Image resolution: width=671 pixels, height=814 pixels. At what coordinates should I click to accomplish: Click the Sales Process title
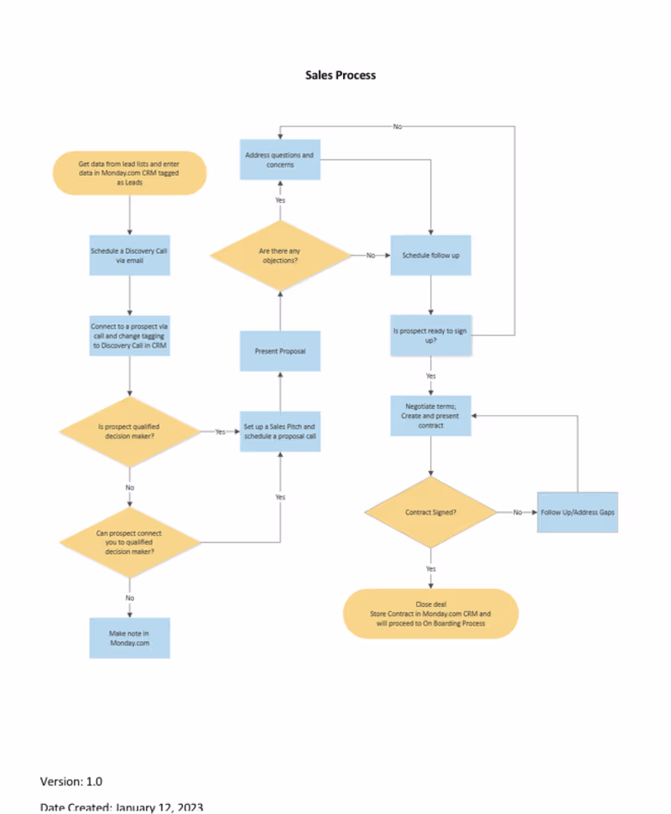click(x=341, y=75)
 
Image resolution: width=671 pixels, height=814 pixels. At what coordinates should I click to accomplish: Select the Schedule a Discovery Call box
click(x=130, y=255)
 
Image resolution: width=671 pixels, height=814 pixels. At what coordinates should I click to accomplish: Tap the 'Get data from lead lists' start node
click(x=129, y=173)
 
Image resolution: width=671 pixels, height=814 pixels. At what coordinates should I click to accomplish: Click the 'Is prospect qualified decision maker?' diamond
click(x=129, y=431)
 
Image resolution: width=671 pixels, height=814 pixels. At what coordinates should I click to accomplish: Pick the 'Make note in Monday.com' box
click(x=129, y=638)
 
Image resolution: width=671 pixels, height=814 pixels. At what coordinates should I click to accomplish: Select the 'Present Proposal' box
click(x=280, y=351)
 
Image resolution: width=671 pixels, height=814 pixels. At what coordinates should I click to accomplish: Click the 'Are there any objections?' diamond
click(x=280, y=256)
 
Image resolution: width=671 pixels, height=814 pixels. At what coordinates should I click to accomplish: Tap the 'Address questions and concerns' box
click(x=280, y=159)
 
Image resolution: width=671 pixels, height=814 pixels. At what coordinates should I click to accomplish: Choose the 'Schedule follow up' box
click(x=430, y=255)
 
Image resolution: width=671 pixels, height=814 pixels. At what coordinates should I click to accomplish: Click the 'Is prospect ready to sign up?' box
click(x=430, y=335)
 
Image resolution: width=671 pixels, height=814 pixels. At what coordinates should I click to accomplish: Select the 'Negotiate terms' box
click(x=430, y=415)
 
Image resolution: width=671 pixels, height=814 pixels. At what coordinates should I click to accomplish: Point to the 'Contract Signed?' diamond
click(x=430, y=511)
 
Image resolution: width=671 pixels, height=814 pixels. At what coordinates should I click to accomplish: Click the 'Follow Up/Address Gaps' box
click(x=577, y=511)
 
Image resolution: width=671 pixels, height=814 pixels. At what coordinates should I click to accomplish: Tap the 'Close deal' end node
click(x=430, y=614)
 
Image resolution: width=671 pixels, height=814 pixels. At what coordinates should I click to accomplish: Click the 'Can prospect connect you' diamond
click(x=129, y=542)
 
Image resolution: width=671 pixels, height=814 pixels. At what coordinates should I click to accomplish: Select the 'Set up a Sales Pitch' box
click(x=280, y=432)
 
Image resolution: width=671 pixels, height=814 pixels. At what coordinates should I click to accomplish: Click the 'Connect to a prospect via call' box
click(x=130, y=335)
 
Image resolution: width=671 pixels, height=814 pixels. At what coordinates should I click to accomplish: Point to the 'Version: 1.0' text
click(x=71, y=781)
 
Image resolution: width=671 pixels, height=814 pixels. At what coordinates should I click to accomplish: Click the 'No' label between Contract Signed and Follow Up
click(x=518, y=511)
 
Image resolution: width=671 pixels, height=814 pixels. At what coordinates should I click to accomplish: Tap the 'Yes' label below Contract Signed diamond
click(x=430, y=568)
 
